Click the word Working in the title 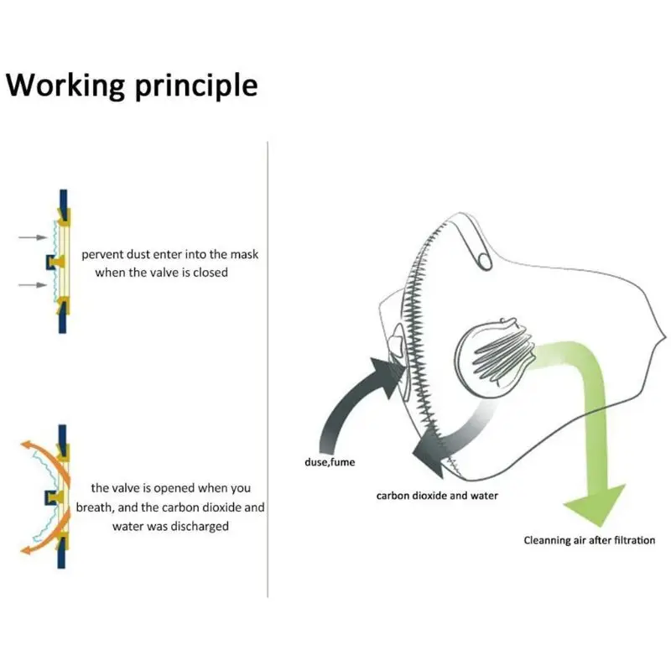click(x=65, y=86)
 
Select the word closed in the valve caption click(x=211, y=273)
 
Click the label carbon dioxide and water click(x=436, y=496)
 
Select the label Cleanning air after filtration click(x=590, y=540)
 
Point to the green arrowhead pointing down click(x=595, y=503)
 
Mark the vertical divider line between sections click(x=268, y=369)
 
